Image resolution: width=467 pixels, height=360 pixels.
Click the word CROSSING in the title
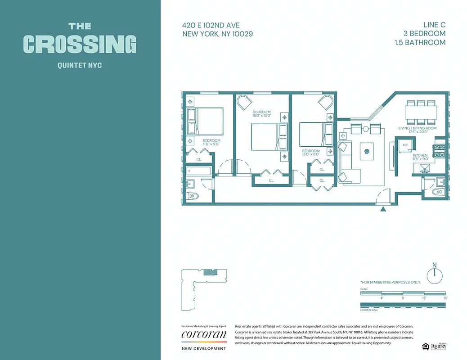[80, 44]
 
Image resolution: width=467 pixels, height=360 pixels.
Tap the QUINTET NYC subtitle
[80, 66]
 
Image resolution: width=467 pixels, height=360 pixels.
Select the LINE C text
[434, 25]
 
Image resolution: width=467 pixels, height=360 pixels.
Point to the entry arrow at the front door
[383, 209]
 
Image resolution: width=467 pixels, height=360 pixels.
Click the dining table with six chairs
[421, 112]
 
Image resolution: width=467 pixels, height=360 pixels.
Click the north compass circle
[434, 275]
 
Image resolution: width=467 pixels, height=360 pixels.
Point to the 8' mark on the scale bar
[403, 298]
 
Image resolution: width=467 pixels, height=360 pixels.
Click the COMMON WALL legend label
[369, 310]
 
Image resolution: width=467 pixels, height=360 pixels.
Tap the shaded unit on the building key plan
[210, 272]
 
